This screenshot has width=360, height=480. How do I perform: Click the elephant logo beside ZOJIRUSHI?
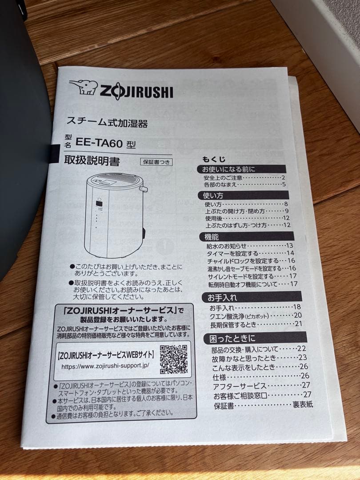click(83, 87)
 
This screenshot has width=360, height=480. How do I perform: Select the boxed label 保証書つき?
click(156, 162)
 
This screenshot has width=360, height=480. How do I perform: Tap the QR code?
click(174, 359)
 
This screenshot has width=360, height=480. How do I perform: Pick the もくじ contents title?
click(214, 159)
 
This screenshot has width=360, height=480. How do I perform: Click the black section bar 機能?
click(212, 237)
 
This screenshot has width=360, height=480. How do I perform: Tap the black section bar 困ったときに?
click(233, 339)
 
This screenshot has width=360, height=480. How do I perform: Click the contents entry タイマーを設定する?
click(232, 253)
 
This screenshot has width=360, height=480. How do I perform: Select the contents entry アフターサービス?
click(240, 385)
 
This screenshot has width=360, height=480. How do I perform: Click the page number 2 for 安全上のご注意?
click(283, 177)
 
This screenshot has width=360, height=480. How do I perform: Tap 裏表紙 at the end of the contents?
click(303, 404)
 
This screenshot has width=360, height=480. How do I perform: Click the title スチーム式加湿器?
click(107, 121)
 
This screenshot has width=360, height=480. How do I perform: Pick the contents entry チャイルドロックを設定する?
click(243, 261)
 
